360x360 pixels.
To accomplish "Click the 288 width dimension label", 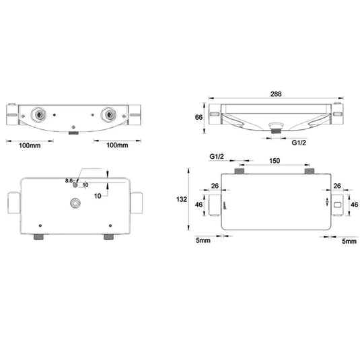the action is tap(276, 94).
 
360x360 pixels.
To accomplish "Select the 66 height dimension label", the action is tap(199, 117).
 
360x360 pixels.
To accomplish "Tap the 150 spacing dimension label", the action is tap(275, 161).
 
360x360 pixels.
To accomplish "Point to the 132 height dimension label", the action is tap(182, 199).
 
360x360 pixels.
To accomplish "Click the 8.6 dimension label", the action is tap(69, 181).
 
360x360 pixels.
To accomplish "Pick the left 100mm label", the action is tap(30, 145).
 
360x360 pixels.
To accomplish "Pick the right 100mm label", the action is tap(117, 145).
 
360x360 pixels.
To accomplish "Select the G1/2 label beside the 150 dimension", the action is tap(217, 157).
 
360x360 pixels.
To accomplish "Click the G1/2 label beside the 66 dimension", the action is tap(299, 143).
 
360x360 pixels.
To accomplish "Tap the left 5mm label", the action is tap(203, 240).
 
